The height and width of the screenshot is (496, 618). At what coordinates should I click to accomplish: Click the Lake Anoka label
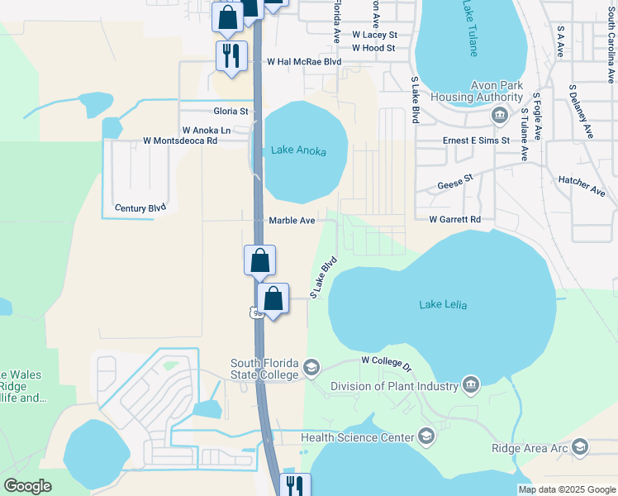298,151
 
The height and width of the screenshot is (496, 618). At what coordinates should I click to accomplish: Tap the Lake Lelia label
443,305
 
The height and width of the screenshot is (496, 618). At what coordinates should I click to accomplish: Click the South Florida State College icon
311,367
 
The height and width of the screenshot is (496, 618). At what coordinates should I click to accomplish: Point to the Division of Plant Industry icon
470,385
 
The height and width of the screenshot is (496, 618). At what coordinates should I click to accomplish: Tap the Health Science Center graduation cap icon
426,436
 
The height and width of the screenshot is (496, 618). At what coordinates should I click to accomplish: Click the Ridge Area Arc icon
580,447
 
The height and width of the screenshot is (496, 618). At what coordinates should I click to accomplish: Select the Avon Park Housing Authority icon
499,115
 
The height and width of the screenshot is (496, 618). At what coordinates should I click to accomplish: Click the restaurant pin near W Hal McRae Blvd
231,55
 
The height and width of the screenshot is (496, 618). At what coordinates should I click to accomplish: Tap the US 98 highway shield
255,312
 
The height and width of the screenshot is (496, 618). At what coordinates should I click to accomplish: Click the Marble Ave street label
292,221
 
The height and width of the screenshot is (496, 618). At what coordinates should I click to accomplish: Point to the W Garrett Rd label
454,220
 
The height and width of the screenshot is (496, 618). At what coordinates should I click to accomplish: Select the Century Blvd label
140,208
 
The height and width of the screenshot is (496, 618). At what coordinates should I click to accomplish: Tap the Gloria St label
231,111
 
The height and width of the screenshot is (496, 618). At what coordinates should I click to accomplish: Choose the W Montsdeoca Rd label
179,141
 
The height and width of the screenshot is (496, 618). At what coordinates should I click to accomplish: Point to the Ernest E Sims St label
475,141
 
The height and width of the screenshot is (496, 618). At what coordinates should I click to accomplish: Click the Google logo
27,486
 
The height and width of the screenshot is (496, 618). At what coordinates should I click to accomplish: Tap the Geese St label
454,179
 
